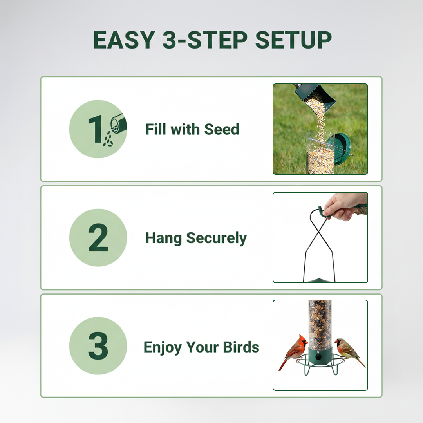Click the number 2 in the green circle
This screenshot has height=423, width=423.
pyautogui.click(x=98, y=238)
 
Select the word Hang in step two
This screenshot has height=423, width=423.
pyautogui.click(x=164, y=238)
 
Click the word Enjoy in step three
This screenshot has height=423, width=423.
pyautogui.click(x=163, y=347)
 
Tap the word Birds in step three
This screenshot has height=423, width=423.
pyautogui.click(x=241, y=347)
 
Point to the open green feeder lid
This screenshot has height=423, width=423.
pyautogui.click(x=341, y=149)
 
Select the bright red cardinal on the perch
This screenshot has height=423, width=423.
pyautogui.click(x=295, y=351)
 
